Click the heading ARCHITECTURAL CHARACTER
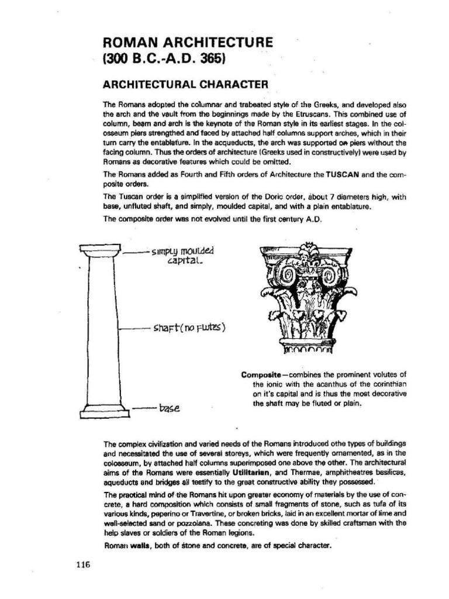185,83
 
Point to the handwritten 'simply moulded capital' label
183,256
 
